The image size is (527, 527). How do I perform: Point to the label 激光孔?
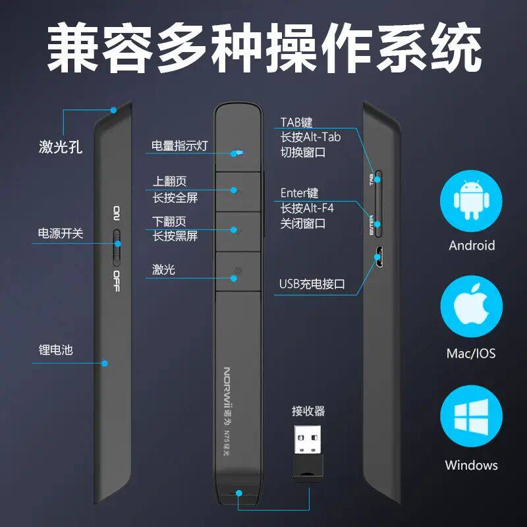point(61,147)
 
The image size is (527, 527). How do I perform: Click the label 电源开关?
point(61,233)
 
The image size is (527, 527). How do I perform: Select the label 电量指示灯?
point(179,146)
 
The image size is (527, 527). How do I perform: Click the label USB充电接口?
point(312,285)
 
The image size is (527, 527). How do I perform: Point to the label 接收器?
point(308,412)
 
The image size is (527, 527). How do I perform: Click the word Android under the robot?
point(472,246)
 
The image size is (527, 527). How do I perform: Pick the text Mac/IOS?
point(471,354)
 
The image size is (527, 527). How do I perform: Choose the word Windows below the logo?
point(471,465)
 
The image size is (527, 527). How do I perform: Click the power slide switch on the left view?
point(117,246)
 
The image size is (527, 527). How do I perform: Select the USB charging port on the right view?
point(379,257)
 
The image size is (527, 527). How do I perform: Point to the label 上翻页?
point(169,182)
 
